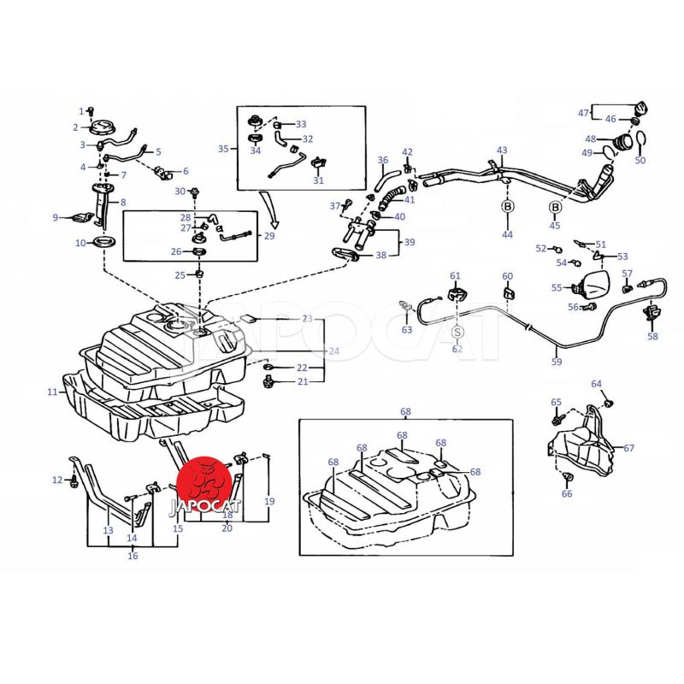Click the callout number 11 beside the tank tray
(52, 392)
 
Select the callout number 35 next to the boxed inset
(223, 148)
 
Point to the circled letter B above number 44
(507, 207)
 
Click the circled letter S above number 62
(457, 331)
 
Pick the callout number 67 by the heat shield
(629, 447)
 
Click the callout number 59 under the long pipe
(557, 362)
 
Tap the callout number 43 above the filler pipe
(502, 150)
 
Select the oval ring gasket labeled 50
(641, 139)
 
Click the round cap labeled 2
(102, 128)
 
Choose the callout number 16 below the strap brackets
(133, 557)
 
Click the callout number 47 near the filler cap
(583, 114)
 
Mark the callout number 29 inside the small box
(269, 235)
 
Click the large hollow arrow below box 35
(269, 210)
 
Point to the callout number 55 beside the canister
(557, 288)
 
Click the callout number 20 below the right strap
(227, 528)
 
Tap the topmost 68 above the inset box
(406, 411)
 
